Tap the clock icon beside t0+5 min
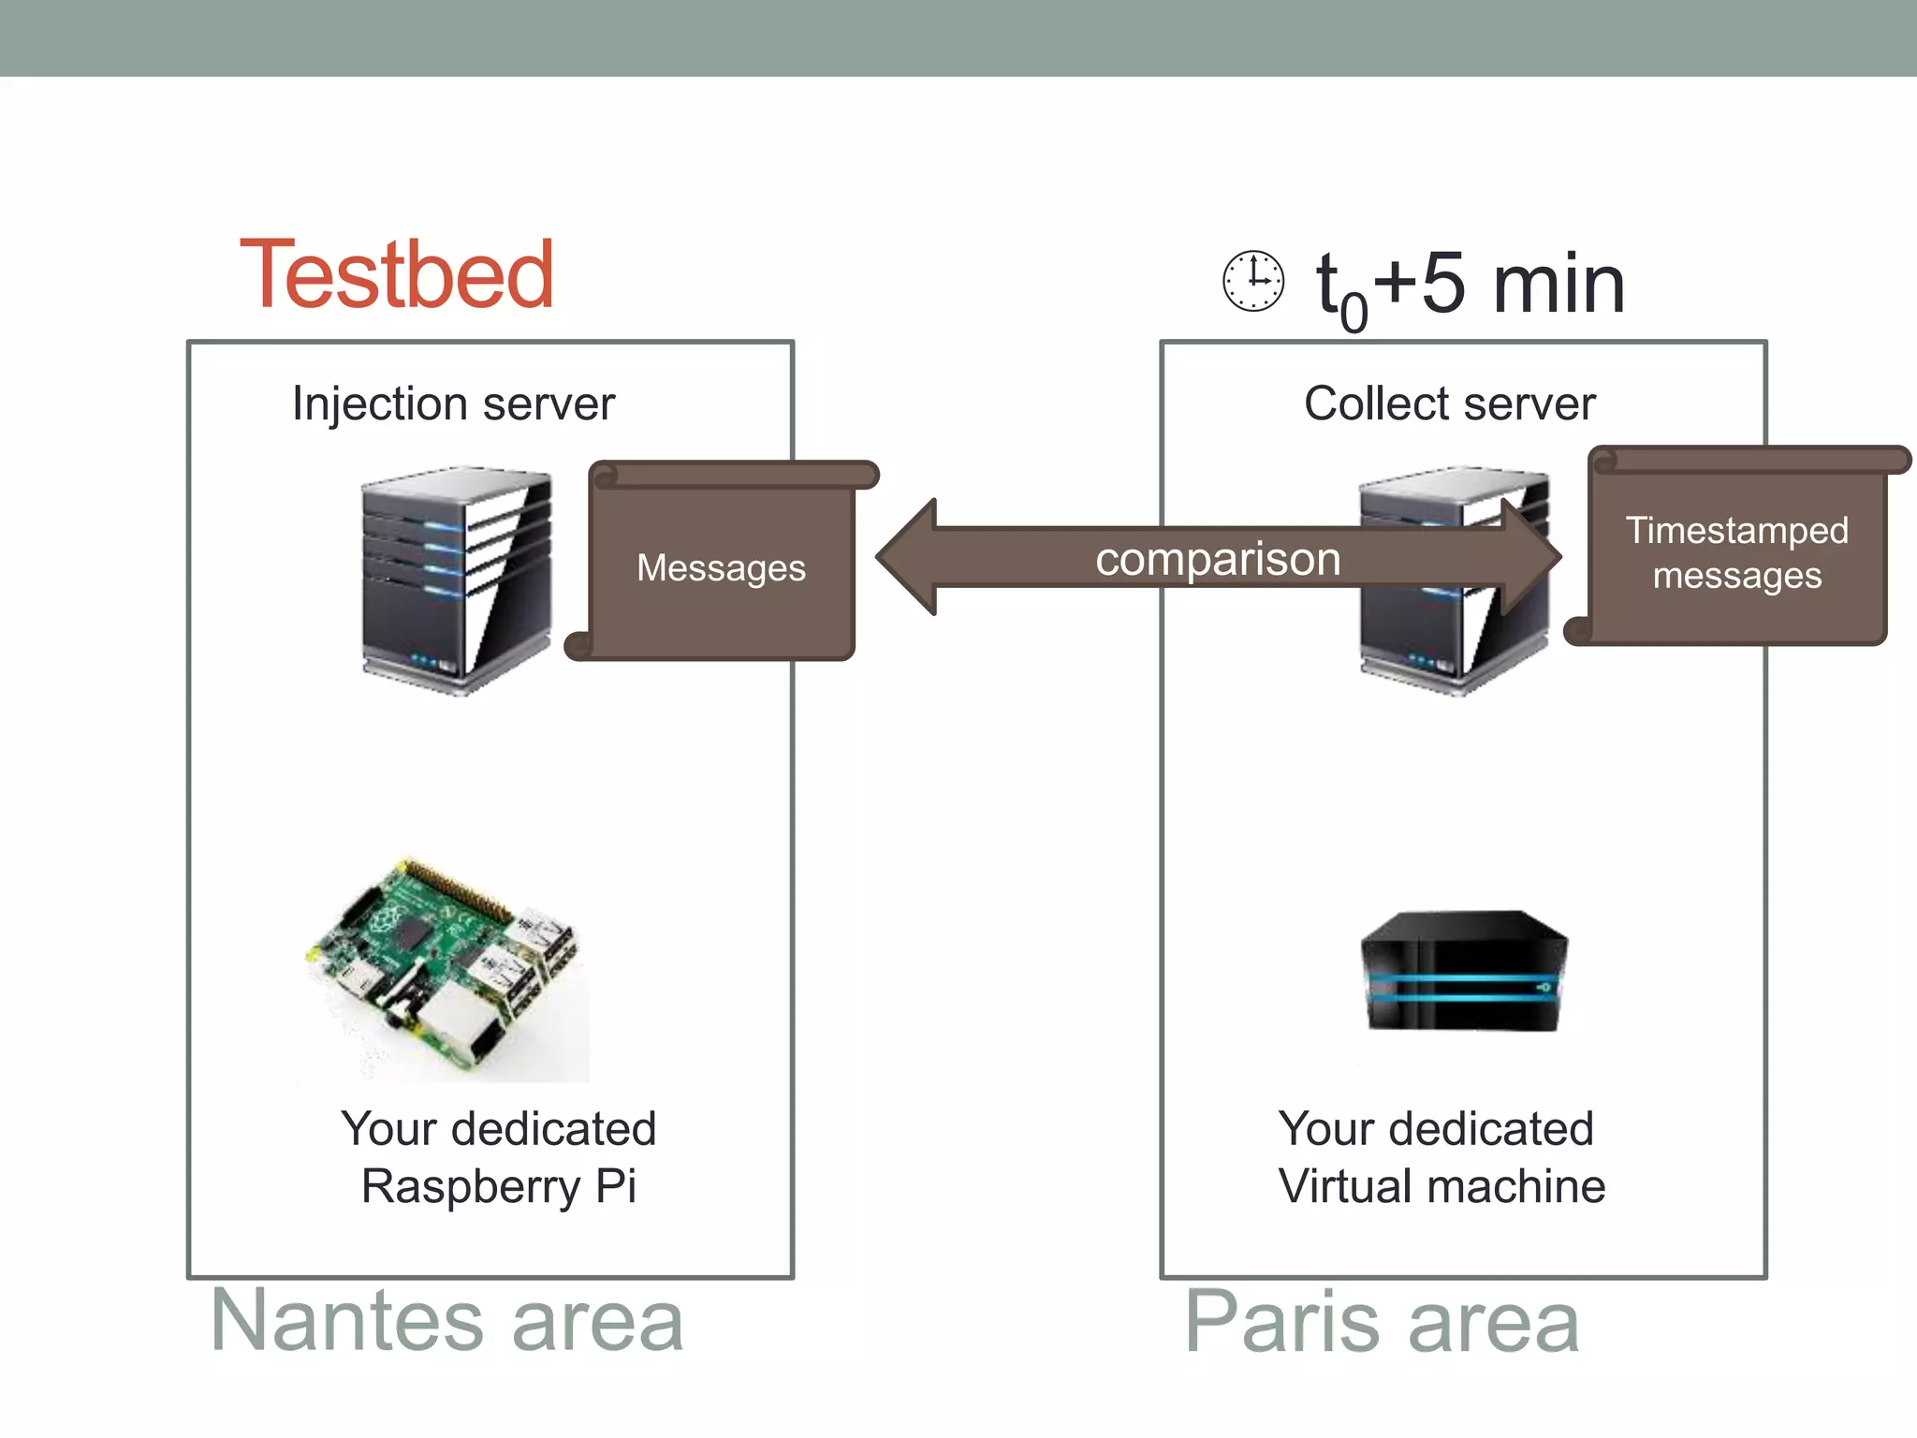click(1253, 281)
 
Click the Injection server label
click(453, 404)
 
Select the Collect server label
click(1449, 404)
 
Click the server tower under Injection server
click(456, 580)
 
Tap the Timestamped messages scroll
click(1737, 552)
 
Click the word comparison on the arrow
click(1218, 559)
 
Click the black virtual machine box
click(1463, 972)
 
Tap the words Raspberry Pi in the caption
click(498, 1187)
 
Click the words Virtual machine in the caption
click(1441, 1187)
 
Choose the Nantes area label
click(447, 1321)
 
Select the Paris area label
click(1382, 1321)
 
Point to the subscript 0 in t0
click(1354, 313)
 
